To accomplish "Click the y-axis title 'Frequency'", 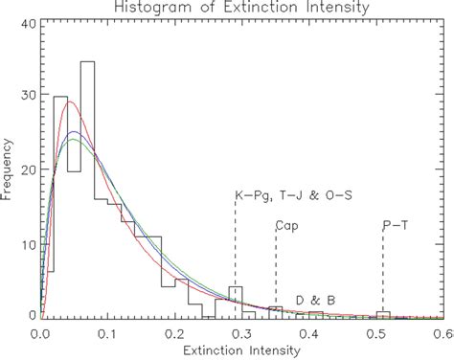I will click(9, 171).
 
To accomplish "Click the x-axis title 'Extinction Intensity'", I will click(240, 350).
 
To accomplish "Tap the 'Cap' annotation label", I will click(285, 227).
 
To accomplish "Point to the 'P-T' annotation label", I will click(393, 227).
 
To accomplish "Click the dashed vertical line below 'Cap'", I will click(276, 273).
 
